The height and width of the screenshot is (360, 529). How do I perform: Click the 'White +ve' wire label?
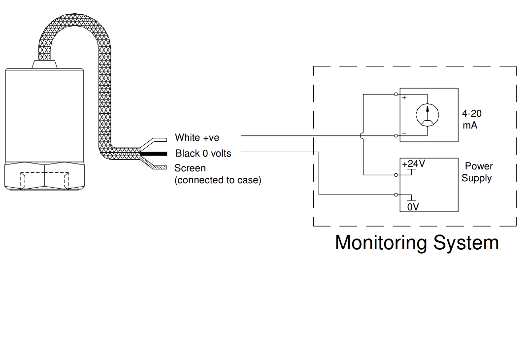(x=197, y=138)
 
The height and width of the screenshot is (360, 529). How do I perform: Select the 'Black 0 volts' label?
(x=203, y=153)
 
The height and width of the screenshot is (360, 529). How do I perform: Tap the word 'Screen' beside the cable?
(x=190, y=168)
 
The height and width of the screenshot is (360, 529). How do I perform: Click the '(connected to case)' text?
(x=218, y=180)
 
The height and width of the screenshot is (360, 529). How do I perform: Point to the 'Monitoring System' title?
(x=417, y=243)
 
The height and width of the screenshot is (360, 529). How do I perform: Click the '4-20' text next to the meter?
(x=472, y=114)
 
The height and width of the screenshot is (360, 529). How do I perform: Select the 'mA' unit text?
(x=470, y=125)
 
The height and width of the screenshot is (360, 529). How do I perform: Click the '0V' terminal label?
(x=413, y=207)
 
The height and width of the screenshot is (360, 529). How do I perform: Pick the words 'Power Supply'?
(x=477, y=172)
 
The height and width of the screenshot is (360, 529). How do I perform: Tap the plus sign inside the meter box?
(x=404, y=98)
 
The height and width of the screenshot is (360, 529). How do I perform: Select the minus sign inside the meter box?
(x=404, y=133)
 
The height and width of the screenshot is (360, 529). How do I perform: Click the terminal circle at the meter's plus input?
(x=397, y=94)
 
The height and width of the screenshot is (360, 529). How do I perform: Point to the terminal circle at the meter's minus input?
(x=397, y=135)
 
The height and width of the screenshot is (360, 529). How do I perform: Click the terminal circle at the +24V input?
(x=397, y=175)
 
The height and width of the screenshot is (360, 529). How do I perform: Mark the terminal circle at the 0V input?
(x=397, y=195)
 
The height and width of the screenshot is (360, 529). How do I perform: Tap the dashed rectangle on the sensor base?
(x=44, y=180)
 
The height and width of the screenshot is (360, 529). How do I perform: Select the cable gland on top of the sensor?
(x=44, y=64)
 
